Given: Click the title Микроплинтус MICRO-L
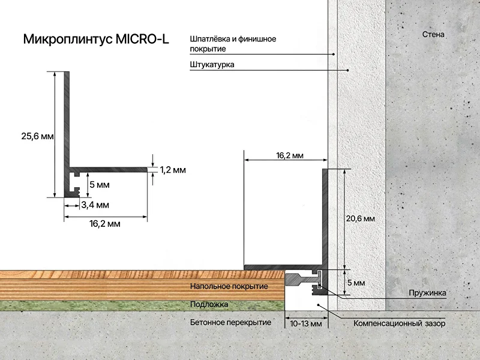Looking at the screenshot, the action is pos(96,39).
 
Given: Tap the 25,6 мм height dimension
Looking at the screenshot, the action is pos(37,136).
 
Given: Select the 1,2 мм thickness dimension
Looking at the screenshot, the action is pos(173,170).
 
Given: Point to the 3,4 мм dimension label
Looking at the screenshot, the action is pos(95,205).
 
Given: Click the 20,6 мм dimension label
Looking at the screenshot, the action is pos(361,218).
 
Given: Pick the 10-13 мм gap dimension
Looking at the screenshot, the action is pos(306,323).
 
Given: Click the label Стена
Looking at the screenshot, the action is pos(433,34).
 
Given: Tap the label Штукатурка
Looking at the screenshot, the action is pos(212,65).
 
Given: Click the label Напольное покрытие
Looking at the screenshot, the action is pos(229,286).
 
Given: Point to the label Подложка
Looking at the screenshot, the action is pos(209,304).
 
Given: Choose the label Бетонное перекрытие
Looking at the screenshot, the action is pos(230,322).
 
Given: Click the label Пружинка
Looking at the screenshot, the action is pos(427,293).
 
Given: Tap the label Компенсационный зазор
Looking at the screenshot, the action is pos(400,323).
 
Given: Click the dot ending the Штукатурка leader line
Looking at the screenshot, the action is pos(348,70).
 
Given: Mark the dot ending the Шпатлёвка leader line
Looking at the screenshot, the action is pos(334,54).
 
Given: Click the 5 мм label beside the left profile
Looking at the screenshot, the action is pos(100,185).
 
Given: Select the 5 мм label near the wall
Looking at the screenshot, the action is pos(356,283).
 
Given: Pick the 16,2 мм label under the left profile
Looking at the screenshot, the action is pos(105,224).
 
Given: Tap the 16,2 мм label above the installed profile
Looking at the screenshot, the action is pos(290,155).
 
